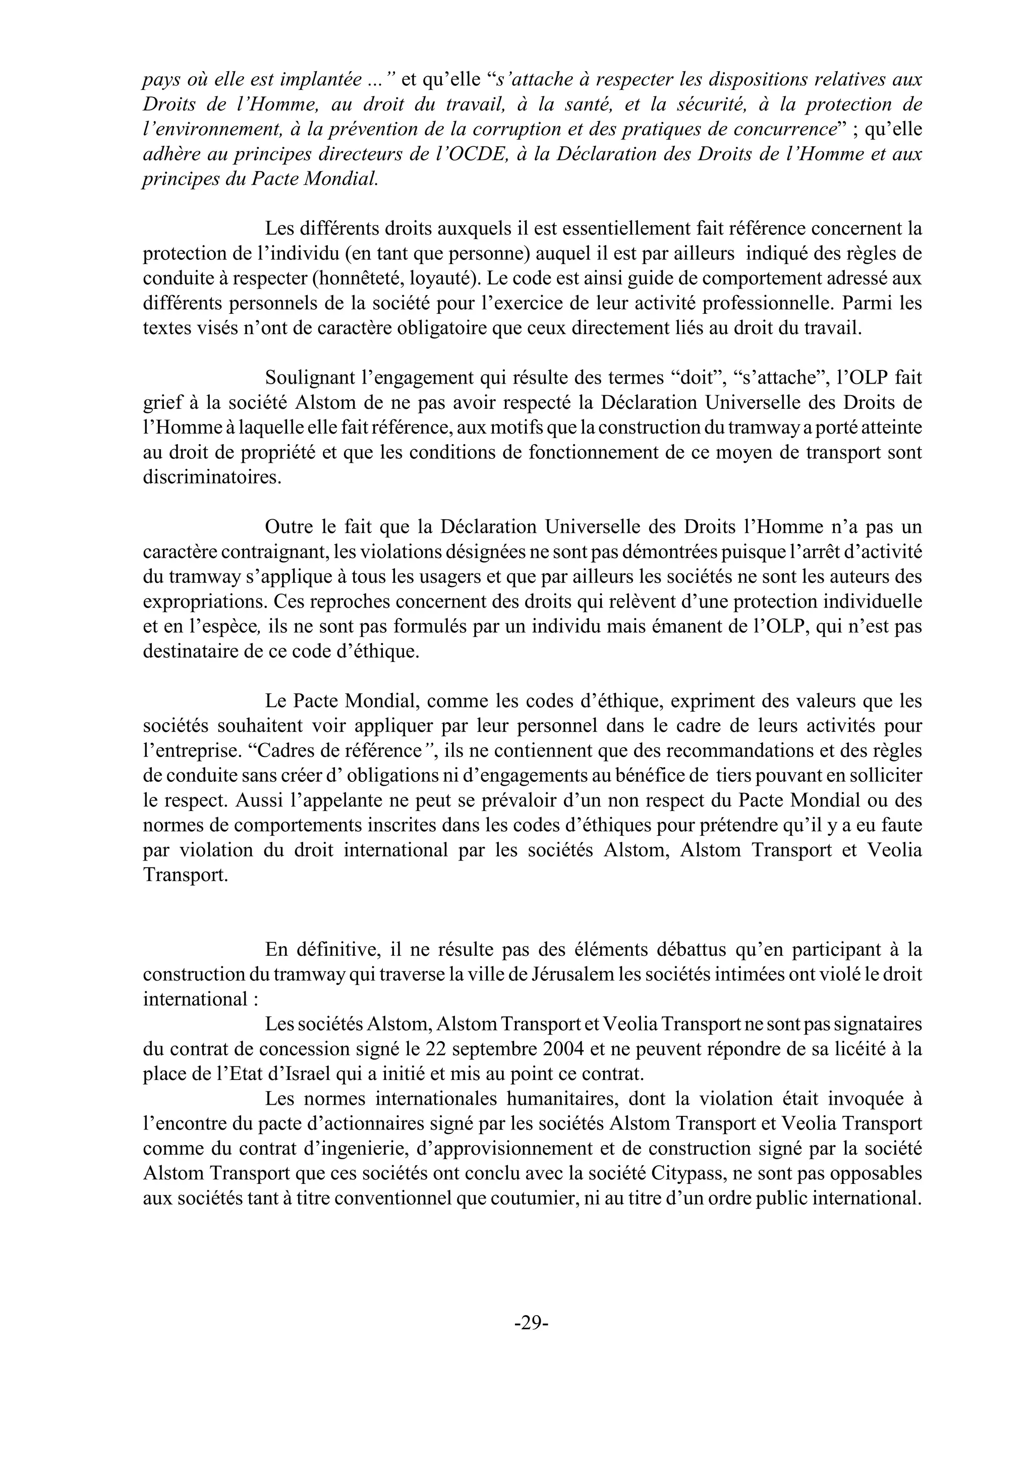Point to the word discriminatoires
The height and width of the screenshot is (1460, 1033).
211,478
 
